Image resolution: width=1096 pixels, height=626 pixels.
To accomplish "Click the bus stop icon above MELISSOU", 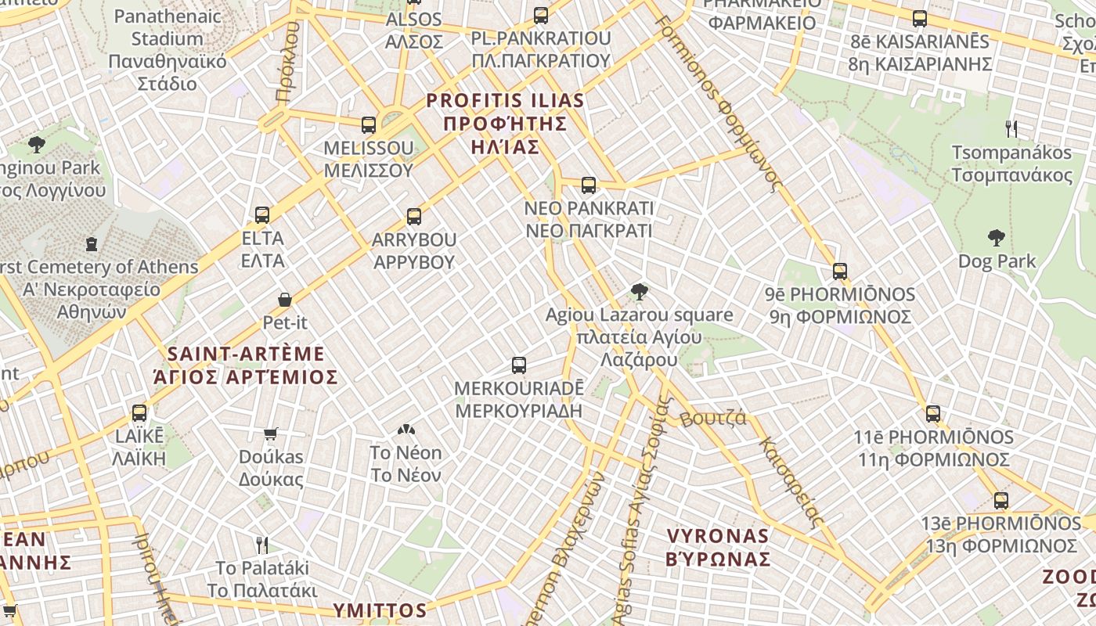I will coord(369,124).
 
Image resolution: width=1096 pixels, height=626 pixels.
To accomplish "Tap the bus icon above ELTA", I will coord(262,214).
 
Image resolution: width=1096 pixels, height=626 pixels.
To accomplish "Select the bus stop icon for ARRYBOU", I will coord(414,216).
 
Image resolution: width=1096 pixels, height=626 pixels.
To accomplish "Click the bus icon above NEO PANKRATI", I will coord(589,185).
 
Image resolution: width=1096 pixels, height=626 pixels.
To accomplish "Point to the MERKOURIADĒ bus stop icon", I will coord(519,365).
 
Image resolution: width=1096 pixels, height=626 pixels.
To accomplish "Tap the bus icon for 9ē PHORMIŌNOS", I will coord(840,272).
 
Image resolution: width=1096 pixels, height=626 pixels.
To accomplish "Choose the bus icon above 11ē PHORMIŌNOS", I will coord(933,414).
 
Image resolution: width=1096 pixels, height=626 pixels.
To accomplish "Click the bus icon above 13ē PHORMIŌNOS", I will coord(1001,501).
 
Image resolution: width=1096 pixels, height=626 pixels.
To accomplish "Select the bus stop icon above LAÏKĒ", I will coord(139,412).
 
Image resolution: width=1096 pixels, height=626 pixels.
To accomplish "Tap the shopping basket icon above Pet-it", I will coord(285,300).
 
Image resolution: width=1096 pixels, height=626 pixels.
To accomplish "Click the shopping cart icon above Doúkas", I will coord(271,434).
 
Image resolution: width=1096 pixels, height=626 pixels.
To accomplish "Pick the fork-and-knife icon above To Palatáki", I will coord(262,545).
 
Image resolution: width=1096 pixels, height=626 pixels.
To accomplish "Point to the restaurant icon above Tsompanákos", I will coord(1011,129).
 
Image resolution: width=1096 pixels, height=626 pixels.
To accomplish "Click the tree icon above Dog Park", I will coord(997,238).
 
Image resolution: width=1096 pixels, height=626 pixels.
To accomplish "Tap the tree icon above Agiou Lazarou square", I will coord(639,293).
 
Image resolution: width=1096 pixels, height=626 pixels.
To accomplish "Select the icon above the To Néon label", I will coord(406,430).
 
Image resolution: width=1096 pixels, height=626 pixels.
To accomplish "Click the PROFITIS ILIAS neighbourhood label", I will coord(505,124).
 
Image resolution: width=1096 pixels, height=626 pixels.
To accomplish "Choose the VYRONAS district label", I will coord(718,547).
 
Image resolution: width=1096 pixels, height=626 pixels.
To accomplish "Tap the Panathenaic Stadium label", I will coord(167,49).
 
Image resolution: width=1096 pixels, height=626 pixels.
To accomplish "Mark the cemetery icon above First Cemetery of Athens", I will coord(92,243).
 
